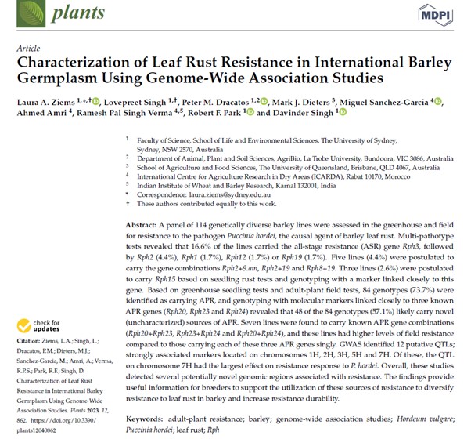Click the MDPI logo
click(x=436, y=13)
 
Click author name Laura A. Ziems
click(x=45, y=101)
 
